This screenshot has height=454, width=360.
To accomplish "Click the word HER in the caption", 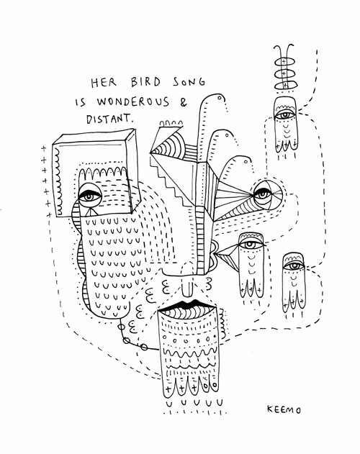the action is coord(104,83).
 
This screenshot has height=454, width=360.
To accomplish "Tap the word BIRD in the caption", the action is coord(145,82).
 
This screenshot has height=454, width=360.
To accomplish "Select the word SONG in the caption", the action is coord(189,81).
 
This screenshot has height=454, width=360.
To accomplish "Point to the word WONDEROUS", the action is coord(133,101).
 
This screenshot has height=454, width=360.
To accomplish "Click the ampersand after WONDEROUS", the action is coord(184,101).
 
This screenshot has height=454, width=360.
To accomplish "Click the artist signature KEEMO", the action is coord(284,409).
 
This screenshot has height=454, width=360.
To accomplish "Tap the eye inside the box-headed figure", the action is coord(89,197).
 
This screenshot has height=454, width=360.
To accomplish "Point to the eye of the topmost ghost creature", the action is coord(285,114).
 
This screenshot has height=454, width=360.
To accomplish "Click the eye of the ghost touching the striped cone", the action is coord(250,245).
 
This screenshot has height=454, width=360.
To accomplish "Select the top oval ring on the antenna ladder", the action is coord(284,62).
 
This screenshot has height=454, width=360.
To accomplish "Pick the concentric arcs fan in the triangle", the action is coord(164,147).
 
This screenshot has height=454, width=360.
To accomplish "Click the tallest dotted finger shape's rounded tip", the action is coord(214,96).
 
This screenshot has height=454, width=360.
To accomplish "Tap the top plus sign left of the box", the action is coord(43,148).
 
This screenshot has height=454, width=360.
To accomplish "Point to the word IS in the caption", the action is coord(81,102).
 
